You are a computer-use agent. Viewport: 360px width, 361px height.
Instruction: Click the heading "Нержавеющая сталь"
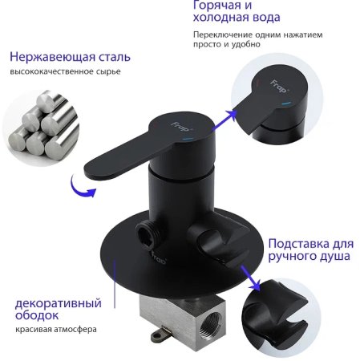point(69,57)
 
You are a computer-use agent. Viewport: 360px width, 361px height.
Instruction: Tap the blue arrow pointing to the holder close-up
point(252,281)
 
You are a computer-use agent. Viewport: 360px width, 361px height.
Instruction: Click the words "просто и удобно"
point(226,46)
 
